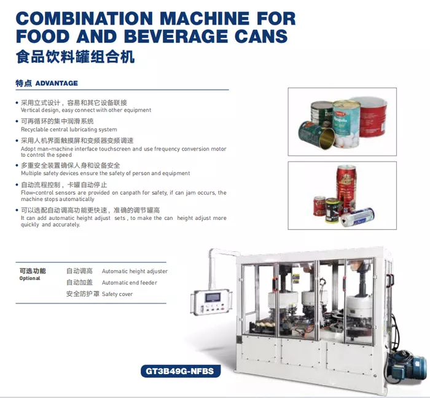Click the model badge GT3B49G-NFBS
click(181, 371)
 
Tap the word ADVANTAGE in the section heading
click(57, 83)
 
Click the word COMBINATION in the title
click(84, 18)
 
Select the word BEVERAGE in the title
click(176, 36)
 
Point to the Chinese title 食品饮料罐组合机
click(75, 57)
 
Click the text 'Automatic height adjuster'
click(135, 271)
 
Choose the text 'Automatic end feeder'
click(130, 283)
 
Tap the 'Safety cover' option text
click(117, 294)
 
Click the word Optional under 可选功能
click(29, 278)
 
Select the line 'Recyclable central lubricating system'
click(69, 130)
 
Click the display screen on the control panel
click(213, 297)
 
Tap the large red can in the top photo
click(372, 117)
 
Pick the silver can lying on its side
click(358, 217)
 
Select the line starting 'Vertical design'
click(86, 110)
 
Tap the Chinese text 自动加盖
click(79, 283)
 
